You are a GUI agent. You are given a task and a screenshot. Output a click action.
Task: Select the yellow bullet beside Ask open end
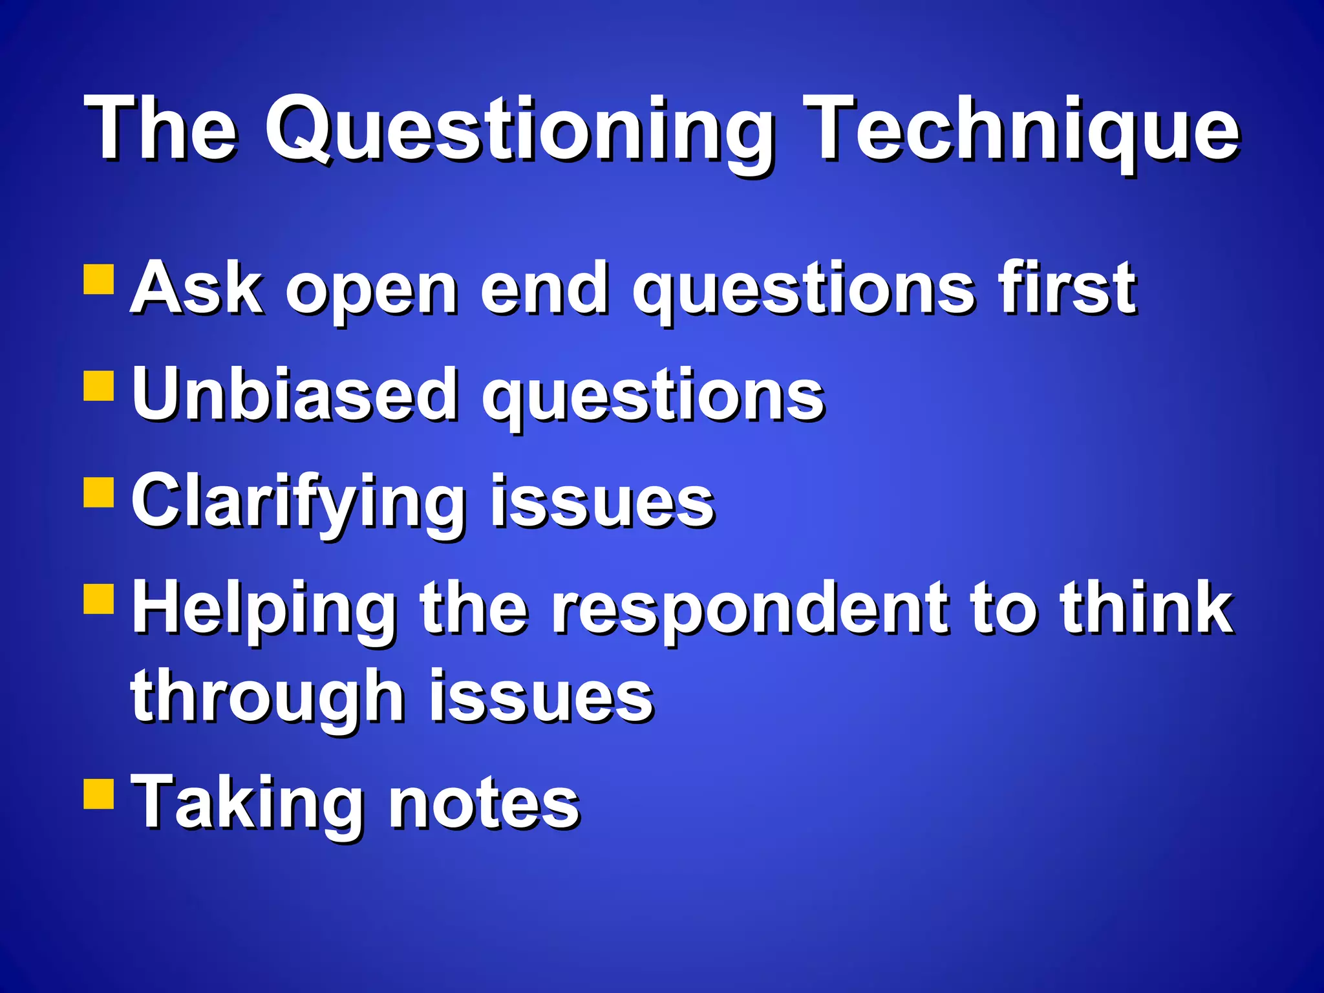coord(99,279)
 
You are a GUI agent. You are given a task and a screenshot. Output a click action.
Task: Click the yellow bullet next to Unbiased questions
coord(99,386)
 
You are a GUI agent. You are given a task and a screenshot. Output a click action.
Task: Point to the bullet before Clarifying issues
coord(99,493)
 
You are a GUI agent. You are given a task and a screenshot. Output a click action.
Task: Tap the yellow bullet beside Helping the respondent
coord(99,599)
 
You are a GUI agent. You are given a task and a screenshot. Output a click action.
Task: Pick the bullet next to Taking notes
coord(99,793)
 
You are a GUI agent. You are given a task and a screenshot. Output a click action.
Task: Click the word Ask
coord(197,288)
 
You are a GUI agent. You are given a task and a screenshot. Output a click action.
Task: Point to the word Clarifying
coord(298,503)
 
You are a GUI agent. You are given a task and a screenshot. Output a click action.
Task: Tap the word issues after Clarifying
coord(602,503)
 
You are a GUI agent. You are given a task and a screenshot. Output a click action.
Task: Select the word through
coord(268,698)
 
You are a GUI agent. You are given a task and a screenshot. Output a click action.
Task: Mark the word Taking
coord(246,803)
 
